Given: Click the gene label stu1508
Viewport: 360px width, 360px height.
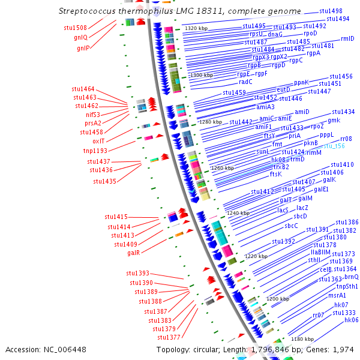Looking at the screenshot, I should (x=75, y=28).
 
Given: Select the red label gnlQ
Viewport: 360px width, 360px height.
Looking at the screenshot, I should (x=80, y=37).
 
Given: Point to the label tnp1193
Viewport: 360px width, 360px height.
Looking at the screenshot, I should (x=95, y=151).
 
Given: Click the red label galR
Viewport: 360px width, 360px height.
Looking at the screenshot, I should (x=134, y=253).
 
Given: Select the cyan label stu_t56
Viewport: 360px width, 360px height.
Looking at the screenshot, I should (x=334, y=146).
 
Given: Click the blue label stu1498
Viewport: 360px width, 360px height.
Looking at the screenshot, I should (x=331, y=11).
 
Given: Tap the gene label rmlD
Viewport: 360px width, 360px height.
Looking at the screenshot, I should (x=347, y=38).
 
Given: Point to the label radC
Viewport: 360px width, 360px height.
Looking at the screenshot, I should (x=245, y=82).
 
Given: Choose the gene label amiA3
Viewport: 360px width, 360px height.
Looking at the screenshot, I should (x=266, y=107).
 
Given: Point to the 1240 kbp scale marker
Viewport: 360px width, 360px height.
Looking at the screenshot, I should (x=238, y=213).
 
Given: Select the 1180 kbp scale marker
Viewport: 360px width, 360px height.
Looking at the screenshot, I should (x=302, y=339).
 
